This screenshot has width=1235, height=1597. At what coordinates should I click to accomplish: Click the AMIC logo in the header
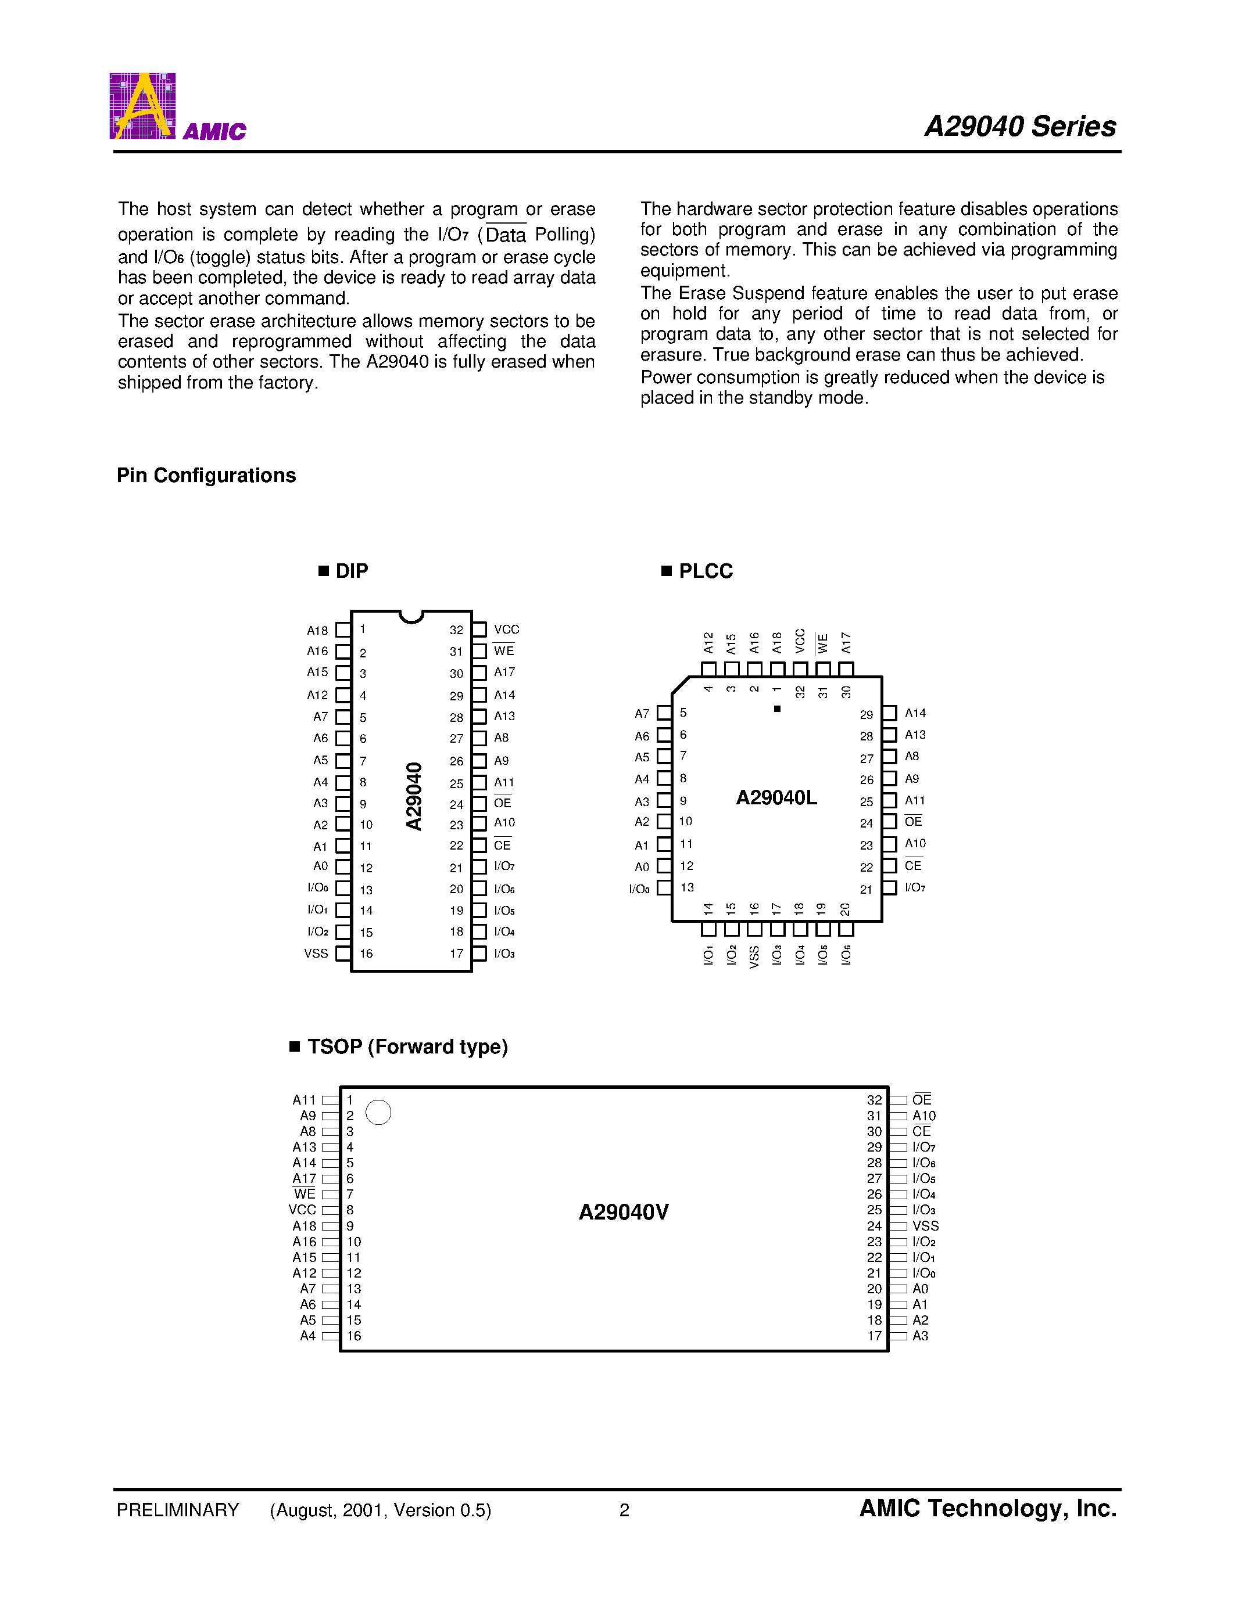pyautogui.click(x=177, y=107)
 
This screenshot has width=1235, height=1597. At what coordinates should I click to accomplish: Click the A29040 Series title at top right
pyautogui.click(x=1020, y=127)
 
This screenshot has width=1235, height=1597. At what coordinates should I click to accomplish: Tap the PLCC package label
pyautogui.click(x=706, y=571)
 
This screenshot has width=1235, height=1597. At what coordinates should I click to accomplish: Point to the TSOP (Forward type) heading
pyautogui.click(x=407, y=1046)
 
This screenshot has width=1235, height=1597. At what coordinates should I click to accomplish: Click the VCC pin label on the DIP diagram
pyautogui.click(x=506, y=630)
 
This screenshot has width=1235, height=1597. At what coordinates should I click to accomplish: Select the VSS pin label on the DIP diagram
pyautogui.click(x=316, y=954)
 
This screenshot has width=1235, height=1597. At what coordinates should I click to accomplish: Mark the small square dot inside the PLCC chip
pyautogui.click(x=777, y=708)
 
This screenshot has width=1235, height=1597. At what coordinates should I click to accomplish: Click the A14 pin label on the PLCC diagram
pyautogui.click(x=915, y=713)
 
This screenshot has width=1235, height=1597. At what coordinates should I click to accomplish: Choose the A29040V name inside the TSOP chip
pyautogui.click(x=624, y=1213)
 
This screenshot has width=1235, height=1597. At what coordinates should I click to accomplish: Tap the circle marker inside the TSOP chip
pyautogui.click(x=378, y=1112)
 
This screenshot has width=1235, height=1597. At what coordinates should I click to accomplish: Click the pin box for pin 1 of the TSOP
pyautogui.click(x=330, y=1100)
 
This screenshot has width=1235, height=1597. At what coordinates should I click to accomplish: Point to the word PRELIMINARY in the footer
pyautogui.click(x=178, y=1510)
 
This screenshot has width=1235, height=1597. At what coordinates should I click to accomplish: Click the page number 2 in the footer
pyautogui.click(x=624, y=1510)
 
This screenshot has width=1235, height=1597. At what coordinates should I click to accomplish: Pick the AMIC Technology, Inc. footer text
pyautogui.click(x=987, y=1509)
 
